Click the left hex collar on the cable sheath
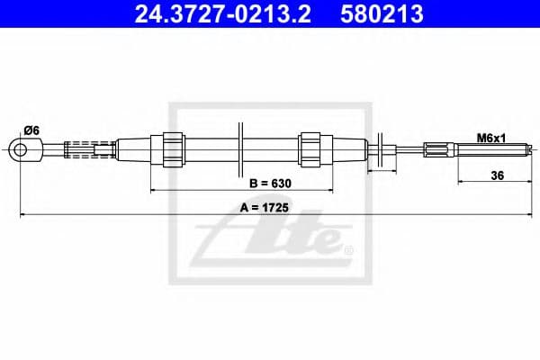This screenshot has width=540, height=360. point(173,148)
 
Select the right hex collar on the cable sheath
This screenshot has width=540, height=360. point(310,148)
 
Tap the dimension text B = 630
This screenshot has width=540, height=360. point(269,184)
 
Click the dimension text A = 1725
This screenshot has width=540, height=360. point(269,207)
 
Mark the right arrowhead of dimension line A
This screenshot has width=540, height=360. point(520,214)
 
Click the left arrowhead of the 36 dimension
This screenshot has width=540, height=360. point(462,183)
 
